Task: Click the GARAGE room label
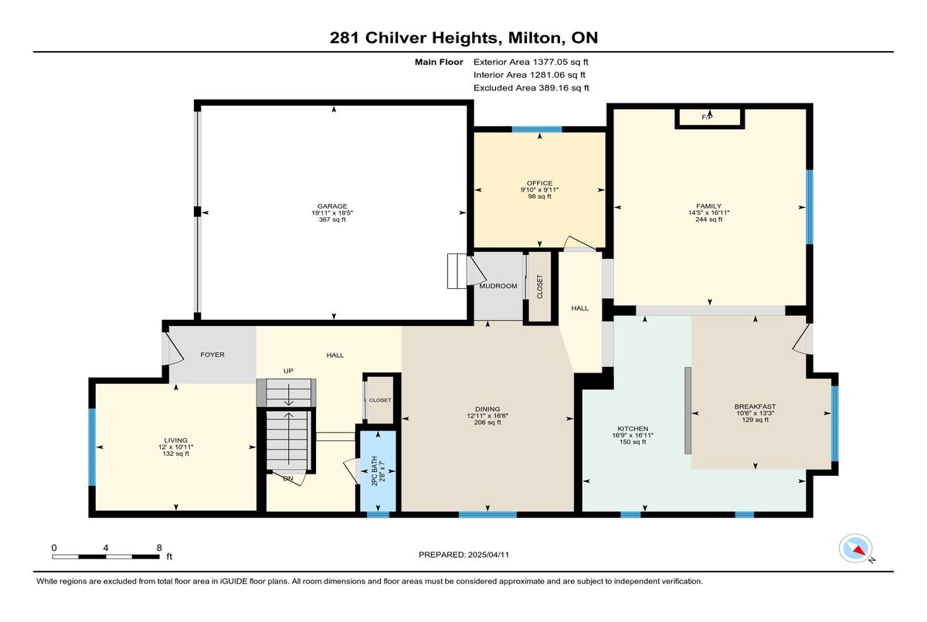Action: pos(332,206)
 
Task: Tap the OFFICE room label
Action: pos(539,183)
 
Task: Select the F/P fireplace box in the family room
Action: pos(710,118)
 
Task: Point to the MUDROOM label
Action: pos(497,286)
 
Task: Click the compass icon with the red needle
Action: pos(855,549)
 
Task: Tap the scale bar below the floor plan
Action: pos(106,556)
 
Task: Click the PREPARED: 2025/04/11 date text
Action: pos(463,555)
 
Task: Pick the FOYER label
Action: pos(212,355)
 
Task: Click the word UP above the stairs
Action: pos(288,371)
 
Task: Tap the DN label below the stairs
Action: pos(288,478)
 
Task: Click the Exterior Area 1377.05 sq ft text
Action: pos(531,62)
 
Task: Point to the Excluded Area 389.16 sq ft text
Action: pos(531,88)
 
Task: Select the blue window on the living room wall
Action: pos(92,447)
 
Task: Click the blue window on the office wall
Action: pos(537,130)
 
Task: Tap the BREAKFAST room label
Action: pos(755,406)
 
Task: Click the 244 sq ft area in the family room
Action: pos(709,219)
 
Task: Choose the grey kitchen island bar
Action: pos(688,410)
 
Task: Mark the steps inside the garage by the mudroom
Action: pos(457,271)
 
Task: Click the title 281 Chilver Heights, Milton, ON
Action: pos(463,38)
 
